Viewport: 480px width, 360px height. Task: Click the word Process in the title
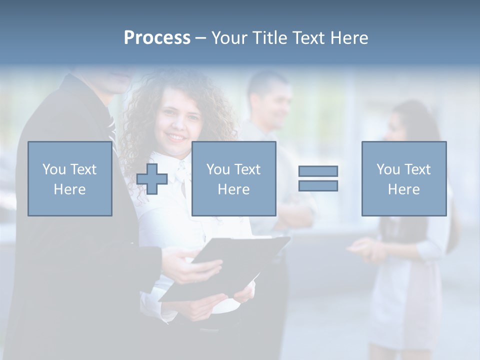(157, 38)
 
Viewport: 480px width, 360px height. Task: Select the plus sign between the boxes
(152, 179)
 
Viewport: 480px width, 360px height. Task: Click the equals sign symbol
(318, 178)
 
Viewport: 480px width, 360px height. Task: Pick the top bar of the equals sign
(318, 171)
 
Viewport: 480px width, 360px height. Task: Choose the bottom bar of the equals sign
(318, 186)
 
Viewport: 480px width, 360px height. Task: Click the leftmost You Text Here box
(70, 178)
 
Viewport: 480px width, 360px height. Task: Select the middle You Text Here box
(233, 178)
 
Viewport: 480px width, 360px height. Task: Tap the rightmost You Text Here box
(404, 178)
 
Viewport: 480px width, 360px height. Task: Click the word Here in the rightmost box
(404, 189)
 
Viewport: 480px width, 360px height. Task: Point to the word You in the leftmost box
(54, 169)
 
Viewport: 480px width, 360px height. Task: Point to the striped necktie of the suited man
(111, 127)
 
